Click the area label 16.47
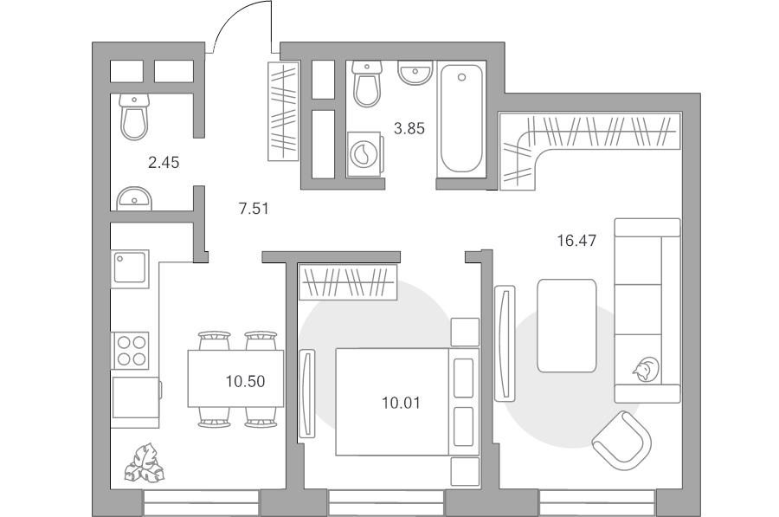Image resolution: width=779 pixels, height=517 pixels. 576,241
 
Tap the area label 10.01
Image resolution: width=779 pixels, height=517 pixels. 401,403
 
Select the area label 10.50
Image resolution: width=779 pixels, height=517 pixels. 246,381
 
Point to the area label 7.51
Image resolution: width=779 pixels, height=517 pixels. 254,209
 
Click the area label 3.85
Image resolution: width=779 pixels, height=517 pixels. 409,129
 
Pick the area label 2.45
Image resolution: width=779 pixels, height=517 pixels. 164,162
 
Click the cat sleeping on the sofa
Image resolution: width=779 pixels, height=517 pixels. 646,370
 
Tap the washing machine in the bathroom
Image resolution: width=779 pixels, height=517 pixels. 364,153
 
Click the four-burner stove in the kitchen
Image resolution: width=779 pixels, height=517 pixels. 132,351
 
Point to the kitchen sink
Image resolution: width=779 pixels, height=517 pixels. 130,269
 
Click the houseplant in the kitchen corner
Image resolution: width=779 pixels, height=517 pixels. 144,463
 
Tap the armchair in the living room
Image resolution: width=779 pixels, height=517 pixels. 622,441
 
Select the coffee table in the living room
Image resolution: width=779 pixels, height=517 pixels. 567,326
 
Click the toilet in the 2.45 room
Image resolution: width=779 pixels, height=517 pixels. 134,117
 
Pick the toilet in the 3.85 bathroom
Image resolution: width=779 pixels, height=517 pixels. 367,84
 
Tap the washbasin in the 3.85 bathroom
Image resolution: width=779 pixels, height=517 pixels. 415,73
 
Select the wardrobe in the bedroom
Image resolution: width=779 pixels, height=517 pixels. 348,282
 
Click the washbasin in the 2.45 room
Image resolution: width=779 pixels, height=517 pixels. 134,199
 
